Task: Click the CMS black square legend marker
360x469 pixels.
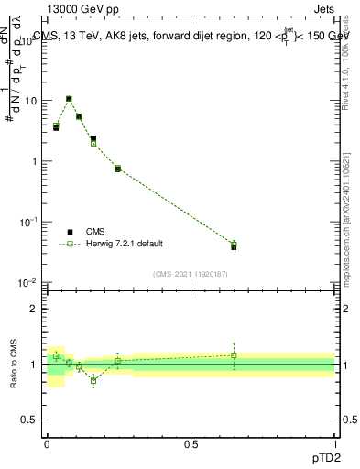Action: point(70,232)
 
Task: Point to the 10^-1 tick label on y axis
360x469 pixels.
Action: point(27,222)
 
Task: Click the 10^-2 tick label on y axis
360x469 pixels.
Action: point(27,282)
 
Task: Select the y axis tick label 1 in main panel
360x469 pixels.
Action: point(33,161)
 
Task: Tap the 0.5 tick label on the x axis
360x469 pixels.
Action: point(191,443)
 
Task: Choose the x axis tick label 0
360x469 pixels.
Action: point(47,443)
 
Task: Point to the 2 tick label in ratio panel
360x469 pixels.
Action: point(34,309)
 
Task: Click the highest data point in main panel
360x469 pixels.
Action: point(69,99)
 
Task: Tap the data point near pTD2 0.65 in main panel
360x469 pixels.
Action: point(234,245)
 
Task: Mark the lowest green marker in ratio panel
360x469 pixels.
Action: point(93,381)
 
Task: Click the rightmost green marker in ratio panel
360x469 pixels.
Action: point(234,355)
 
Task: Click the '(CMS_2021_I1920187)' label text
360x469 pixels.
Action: point(190,274)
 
